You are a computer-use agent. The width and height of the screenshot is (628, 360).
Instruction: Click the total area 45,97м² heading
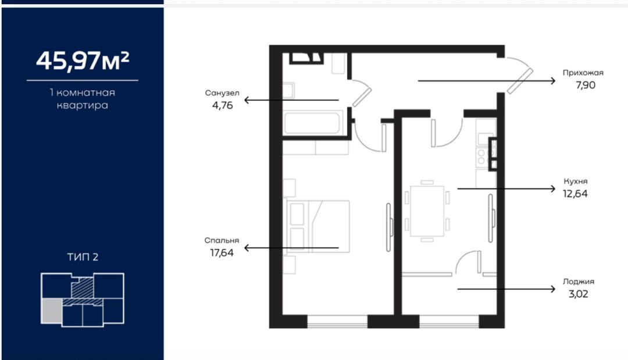click(x=83, y=60)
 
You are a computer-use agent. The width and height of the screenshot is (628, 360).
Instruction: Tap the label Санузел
click(x=222, y=93)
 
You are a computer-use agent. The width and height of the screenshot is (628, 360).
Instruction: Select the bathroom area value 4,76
click(x=222, y=105)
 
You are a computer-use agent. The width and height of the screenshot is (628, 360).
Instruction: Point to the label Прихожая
click(x=583, y=73)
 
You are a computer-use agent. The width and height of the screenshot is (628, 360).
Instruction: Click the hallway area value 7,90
click(x=586, y=85)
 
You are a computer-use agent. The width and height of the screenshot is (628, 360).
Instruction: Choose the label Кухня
click(x=576, y=181)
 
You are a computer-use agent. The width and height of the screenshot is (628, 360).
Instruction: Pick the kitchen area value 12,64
click(x=575, y=194)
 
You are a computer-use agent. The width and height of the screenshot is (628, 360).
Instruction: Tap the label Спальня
click(x=222, y=241)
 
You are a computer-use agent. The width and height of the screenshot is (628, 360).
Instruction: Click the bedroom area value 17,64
click(x=222, y=252)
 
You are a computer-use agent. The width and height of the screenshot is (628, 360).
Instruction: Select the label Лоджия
click(x=579, y=281)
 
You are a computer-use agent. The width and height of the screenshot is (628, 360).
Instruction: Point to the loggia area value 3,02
click(x=579, y=294)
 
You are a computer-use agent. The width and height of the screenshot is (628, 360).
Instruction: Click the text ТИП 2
click(x=83, y=256)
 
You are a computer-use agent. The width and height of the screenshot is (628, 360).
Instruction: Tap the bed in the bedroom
click(x=318, y=226)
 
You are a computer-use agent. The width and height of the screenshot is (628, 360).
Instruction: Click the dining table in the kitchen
click(x=427, y=211)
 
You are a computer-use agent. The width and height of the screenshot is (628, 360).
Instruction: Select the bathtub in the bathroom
click(x=313, y=123)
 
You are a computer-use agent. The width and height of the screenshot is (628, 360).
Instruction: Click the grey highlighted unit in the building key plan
click(x=51, y=311)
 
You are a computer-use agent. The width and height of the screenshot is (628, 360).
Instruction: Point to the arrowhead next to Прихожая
click(x=552, y=81)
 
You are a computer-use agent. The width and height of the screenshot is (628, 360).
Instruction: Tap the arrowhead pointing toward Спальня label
click(x=248, y=248)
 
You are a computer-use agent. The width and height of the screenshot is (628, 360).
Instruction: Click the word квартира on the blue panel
click(x=83, y=105)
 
